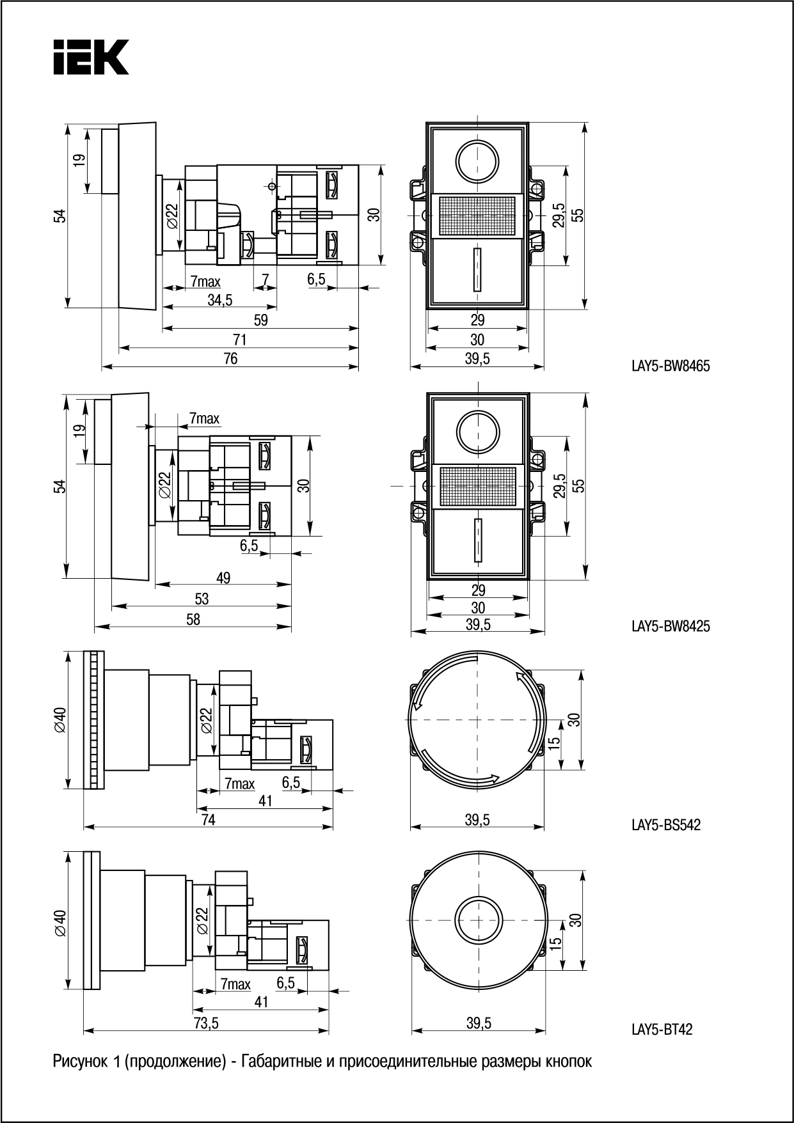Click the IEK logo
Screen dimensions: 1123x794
pyautogui.click(x=91, y=58)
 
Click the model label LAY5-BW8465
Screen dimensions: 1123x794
pyautogui.click(x=671, y=366)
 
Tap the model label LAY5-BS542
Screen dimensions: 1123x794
pyautogui.click(x=666, y=825)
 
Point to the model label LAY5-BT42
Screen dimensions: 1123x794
pyautogui.click(x=662, y=1030)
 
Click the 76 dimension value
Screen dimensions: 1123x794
pyautogui.click(x=230, y=359)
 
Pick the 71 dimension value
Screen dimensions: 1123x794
pyautogui.click(x=239, y=340)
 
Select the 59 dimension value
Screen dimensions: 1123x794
pyautogui.click(x=260, y=320)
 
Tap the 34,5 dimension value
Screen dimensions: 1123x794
pyautogui.click(x=219, y=300)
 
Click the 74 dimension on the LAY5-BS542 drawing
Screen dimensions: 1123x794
pyautogui.click(x=209, y=819)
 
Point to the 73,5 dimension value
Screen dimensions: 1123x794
pyautogui.click(x=207, y=1023)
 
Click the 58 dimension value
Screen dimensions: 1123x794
pyautogui.click(x=193, y=619)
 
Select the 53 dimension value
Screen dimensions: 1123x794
pyautogui.click(x=202, y=599)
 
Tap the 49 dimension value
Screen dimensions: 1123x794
pyautogui.click(x=223, y=578)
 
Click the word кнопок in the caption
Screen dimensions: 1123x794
pyautogui.click(x=568, y=1062)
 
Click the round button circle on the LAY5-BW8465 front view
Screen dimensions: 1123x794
pyautogui.click(x=477, y=159)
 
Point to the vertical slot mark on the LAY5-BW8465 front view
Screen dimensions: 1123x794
pyautogui.click(x=477, y=269)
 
